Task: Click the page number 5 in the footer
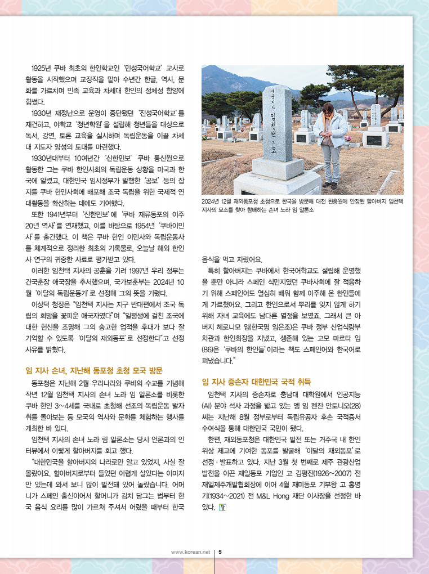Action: coord(220,551)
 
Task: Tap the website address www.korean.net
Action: coord(190,551)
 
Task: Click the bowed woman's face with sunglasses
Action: coord(327,110)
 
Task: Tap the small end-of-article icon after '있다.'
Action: coord(223,507)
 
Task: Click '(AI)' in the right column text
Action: coord(208,405)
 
